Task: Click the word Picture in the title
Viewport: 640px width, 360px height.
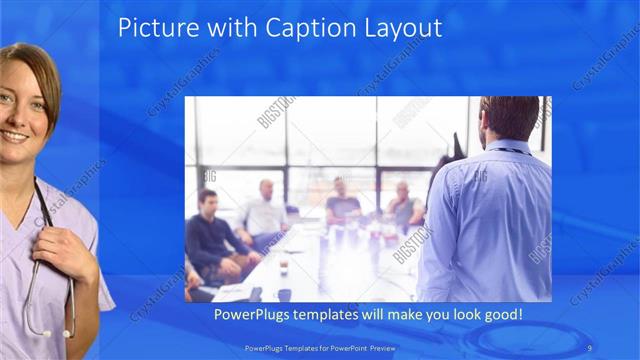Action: coord(150,27)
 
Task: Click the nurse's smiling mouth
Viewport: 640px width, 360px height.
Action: coord(13,135)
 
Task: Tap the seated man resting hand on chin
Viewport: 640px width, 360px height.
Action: coord(404,205)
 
